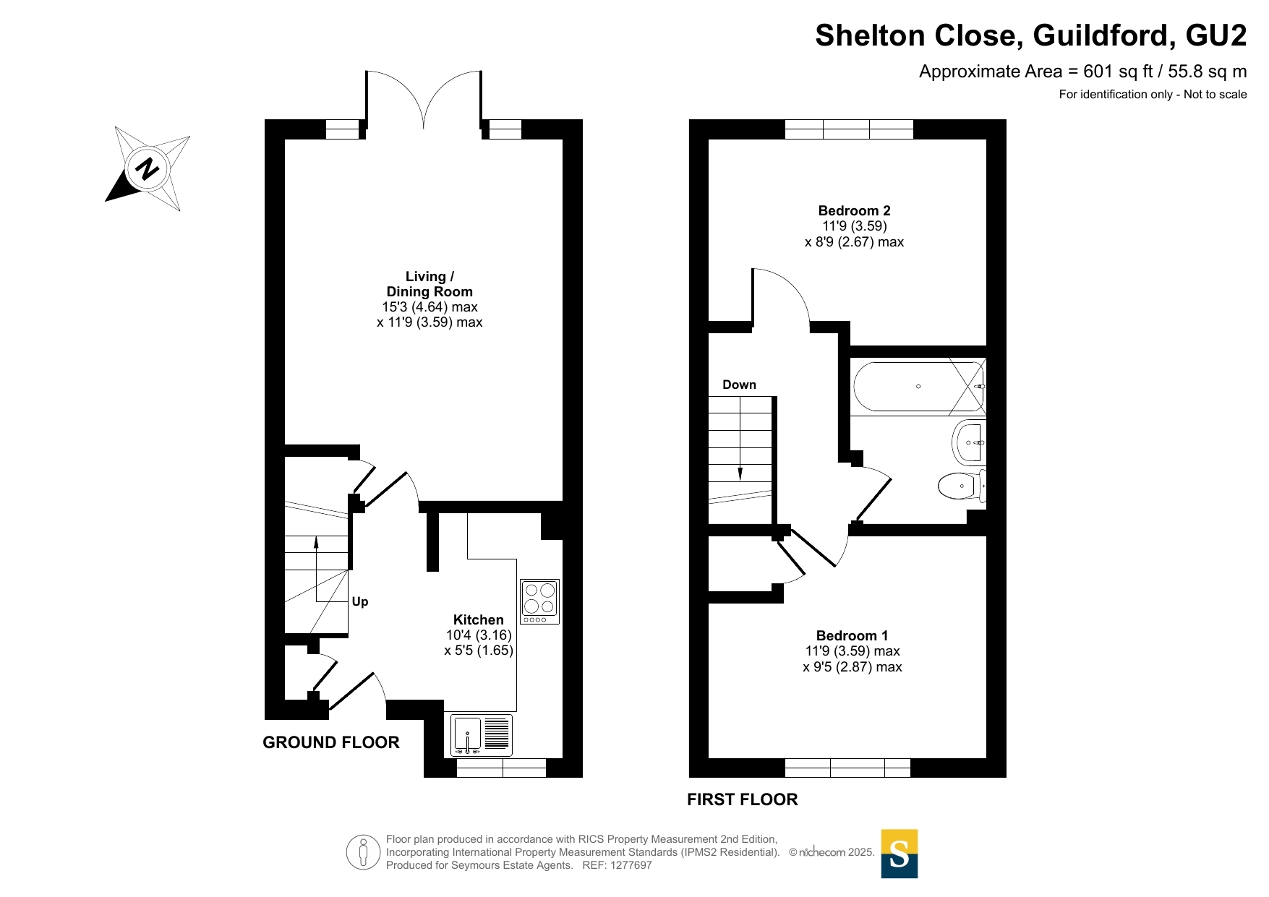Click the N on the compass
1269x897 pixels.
click(147, 168)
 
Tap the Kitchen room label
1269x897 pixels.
click(478, 619)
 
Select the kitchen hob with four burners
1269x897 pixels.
click(539, 601)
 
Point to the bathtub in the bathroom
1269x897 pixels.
click(919, 386)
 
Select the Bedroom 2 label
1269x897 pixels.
click(854, 210)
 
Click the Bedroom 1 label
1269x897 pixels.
click(852, 635)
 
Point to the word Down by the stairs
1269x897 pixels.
click(739, 385)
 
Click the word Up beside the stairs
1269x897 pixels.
click(360, 601)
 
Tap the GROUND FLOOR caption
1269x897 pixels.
click(331, 742)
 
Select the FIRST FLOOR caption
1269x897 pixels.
click(743, 799)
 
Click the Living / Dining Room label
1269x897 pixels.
click(430, 284)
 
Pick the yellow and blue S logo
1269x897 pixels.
click(900, 854)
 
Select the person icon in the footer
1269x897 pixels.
click(363, 851)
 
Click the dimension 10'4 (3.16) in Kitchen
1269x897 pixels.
click(479, 635)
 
